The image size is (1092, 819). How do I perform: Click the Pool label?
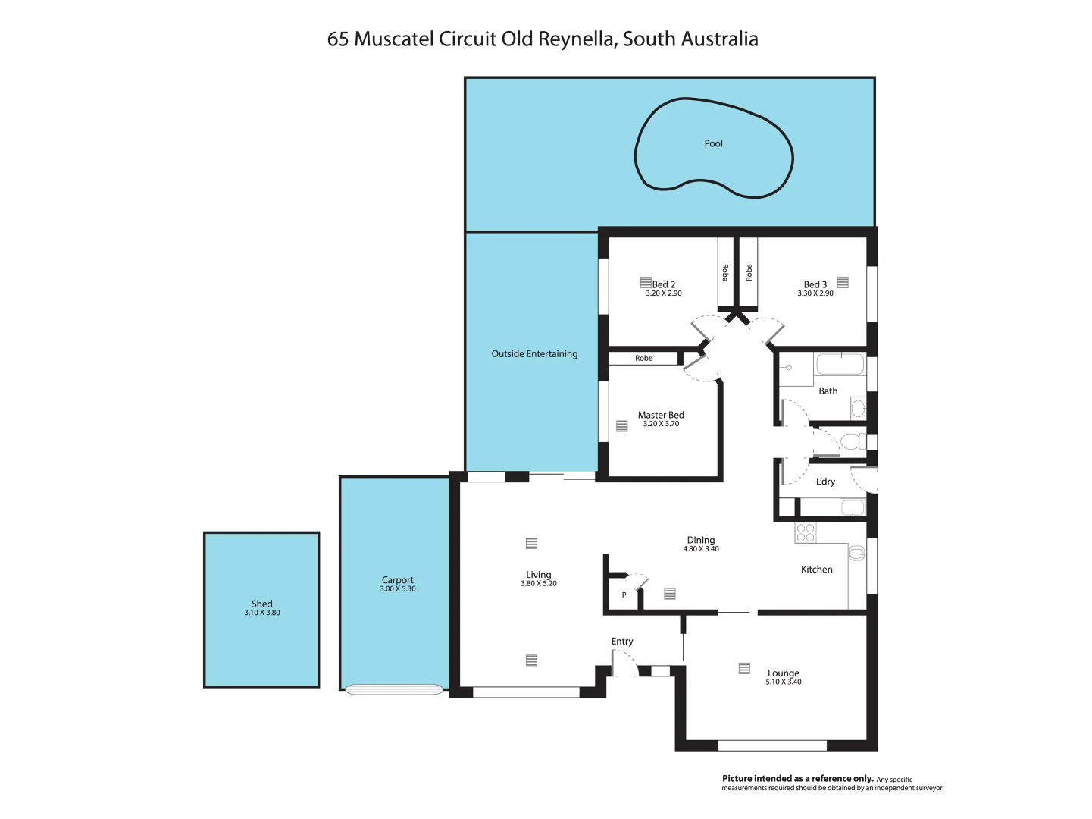tap(713, 143)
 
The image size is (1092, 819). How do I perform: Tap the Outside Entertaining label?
tap(534, 354)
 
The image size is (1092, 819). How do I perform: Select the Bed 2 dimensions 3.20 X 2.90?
tap(664, 293)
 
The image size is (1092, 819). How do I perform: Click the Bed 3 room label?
tap(815, 284)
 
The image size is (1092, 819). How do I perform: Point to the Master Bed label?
tap(661, 415)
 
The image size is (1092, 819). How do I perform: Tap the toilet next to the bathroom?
tap(852, 441)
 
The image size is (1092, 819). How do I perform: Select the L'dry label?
tap(825, 482)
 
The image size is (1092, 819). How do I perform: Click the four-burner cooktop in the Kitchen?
tap(806, 533)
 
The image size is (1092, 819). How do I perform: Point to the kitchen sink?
tap(857, 554)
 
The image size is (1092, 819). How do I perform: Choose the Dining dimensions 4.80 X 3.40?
tap(701, 549)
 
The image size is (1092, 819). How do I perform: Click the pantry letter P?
tap(624, 595)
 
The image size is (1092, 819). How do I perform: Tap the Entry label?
tap(622, 642)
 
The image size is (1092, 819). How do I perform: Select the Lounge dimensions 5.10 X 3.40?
tap(784, 682)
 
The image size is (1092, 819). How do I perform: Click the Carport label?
tap(398, 580)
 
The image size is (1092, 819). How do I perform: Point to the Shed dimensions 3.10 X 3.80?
tap(262, 613)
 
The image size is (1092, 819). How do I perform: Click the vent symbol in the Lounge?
tap(744, 668)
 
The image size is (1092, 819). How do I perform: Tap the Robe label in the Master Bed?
tap(643, 358)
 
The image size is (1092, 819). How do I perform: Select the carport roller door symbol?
tap(394, 689)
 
